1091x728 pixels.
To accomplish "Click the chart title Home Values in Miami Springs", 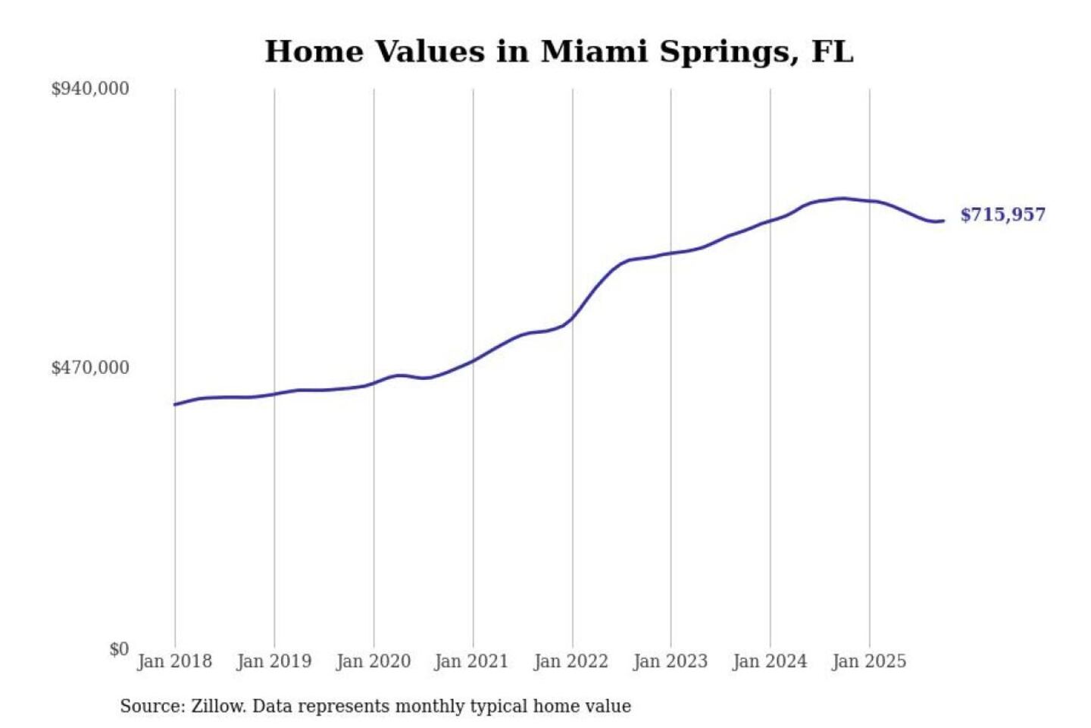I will click(558, 52).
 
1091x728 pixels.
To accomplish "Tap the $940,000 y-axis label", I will click(90, 89).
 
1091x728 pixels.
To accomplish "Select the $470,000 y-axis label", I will click(90, 368).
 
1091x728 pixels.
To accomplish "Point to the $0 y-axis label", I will click(119, 649).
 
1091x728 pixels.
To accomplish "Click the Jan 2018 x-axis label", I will click(174, 661).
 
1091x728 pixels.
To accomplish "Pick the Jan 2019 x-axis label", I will click(274, 661).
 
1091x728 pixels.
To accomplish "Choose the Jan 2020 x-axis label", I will click(373, 661).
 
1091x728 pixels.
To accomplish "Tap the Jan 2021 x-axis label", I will click(471, 661).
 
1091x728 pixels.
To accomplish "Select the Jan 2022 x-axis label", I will click(571, 661).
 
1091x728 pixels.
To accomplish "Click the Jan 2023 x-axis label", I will click(670, 661).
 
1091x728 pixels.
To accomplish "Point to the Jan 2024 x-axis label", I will click(769, 661).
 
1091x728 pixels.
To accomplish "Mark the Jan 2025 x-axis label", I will click(868, 661).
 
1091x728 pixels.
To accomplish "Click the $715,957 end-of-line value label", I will click(1002, 215).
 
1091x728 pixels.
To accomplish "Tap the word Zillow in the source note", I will click(217, 707).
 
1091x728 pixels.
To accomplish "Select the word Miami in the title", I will click(593, 52).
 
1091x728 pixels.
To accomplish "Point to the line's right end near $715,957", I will click(943, 221).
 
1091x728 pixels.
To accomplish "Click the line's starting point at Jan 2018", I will click(175, 404).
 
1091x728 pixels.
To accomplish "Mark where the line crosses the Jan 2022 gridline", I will click(573, 318).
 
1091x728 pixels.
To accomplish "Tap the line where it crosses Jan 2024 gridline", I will click(771, 221).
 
